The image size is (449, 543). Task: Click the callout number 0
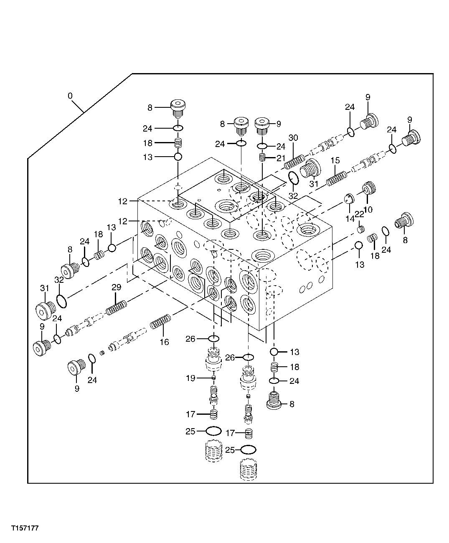pos(70,96)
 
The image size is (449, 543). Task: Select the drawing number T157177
pos(25,528)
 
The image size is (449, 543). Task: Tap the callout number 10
pos(368,208)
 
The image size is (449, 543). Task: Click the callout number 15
pos(335,161)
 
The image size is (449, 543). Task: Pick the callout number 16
pos(165,342)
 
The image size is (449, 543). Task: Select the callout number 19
pos(190,378)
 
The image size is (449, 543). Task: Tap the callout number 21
pos(280,157)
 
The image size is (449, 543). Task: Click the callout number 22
pos(359,214)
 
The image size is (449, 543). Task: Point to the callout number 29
pos(116,287)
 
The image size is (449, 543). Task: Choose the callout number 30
pos(293,138)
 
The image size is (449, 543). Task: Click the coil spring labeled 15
pos(337,178)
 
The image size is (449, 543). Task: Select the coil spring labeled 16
pos(160,322)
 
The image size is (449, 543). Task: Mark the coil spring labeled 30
pos(294,161)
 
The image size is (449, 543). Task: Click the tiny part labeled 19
pos(213,378)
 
